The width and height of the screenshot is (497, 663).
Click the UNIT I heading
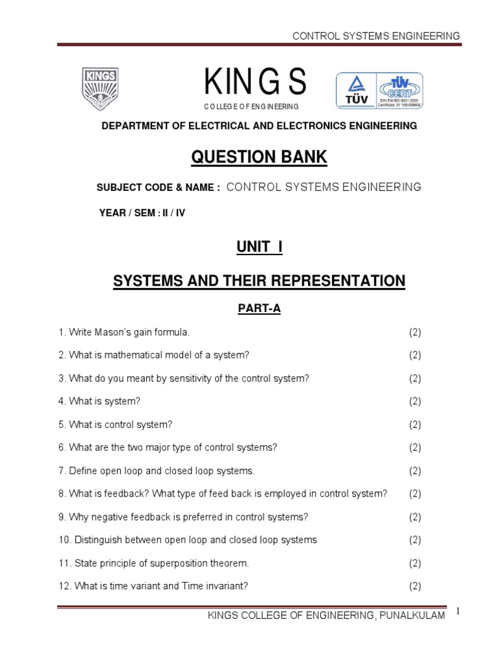point(258,247)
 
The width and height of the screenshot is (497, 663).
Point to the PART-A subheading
point(258,309)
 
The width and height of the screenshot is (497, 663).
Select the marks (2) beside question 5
point(415,425)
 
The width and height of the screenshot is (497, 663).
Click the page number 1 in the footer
point(456,612)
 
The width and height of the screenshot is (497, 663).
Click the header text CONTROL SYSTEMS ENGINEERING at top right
point(377,36)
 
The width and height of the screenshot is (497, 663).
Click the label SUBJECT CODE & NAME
point(159,187)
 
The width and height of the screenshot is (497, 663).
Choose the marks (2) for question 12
point(415,586)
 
